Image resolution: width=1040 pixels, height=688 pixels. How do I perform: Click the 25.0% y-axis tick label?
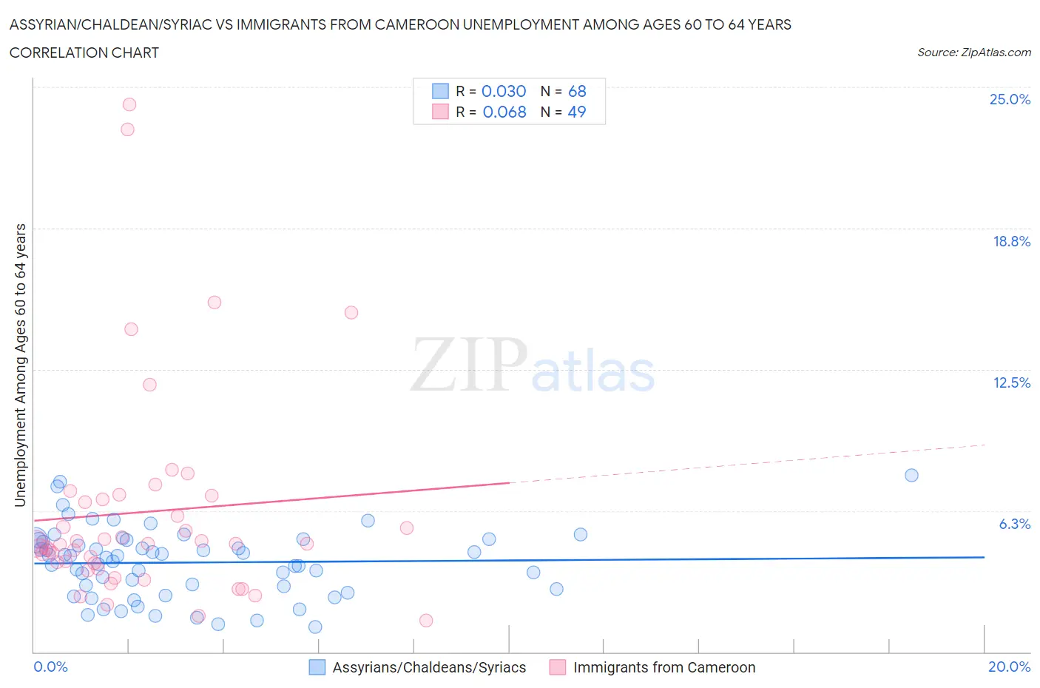[1010, 99]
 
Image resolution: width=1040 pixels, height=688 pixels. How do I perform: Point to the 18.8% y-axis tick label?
[1011, 241]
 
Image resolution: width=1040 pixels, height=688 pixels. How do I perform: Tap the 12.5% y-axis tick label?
[1011, 382]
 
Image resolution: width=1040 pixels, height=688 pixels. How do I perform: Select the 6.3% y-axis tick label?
[1014, 524]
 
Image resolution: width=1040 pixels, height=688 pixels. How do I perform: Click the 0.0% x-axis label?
[51, 667]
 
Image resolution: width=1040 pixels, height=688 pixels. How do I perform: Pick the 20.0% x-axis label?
[1009, 667]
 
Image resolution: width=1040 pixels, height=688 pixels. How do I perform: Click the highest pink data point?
[129, 104]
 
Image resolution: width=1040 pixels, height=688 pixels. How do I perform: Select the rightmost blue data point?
[911, 475]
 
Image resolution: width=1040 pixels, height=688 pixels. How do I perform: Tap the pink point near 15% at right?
[351, 312]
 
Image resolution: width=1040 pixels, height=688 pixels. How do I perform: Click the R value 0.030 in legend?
[504, 91]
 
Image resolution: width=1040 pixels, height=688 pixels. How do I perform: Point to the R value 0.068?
[504, 112]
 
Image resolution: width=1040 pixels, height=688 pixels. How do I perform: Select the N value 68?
[577, 91]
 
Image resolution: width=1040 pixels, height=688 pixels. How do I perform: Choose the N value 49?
[577, 112]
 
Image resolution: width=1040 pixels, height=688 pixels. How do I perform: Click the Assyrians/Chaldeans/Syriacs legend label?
[429, 667]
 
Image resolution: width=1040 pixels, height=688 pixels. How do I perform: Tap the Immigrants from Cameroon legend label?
[664, 667]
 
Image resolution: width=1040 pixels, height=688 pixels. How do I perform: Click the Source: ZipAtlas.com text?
[973, 53]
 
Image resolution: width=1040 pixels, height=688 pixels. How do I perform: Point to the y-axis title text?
[21, 365]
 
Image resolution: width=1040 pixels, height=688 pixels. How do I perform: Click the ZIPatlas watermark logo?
[533, 365]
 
